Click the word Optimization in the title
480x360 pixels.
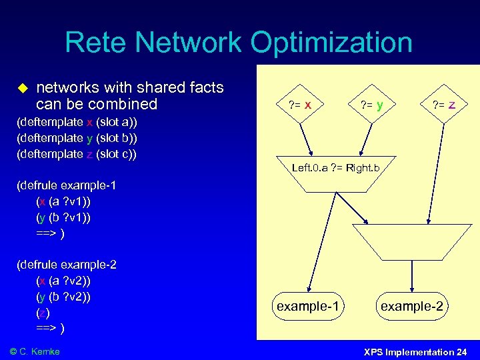click(331, 43)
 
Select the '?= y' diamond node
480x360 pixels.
click(371, 105)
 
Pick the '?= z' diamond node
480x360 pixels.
click(444, 105)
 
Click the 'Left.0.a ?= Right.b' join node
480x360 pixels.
click(335, 169)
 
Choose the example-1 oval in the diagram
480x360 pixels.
click(308, 306)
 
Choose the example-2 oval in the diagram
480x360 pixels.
click(411, 306)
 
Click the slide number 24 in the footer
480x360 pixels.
click(461, 351)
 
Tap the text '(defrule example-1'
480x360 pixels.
click(66, 185)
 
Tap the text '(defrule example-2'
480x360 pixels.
click(66, 265)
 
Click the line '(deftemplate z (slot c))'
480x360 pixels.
click(76, 154)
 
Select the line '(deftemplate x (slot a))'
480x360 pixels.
click(76, 122)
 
